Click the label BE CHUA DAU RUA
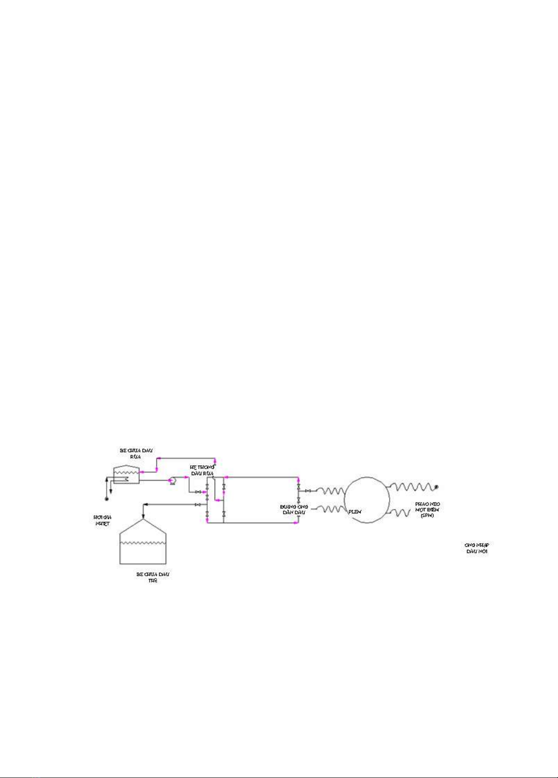click(136, 453)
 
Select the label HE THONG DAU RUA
click(202, 470)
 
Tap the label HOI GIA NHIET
click(102, 520)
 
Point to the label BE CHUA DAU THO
click(153, 577)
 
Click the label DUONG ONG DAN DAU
click(294, 510)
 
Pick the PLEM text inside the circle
click(354, 512)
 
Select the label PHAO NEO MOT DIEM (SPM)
click(427, 510)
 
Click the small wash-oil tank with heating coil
click(126, 475)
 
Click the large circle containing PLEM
click(367, 500)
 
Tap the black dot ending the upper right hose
click(437, 487)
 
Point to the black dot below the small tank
click(107, 499)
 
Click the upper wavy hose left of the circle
click(330, 491)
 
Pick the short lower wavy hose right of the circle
click(400, 513)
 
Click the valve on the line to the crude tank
click(198, 504)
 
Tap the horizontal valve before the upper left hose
click(308, 491)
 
